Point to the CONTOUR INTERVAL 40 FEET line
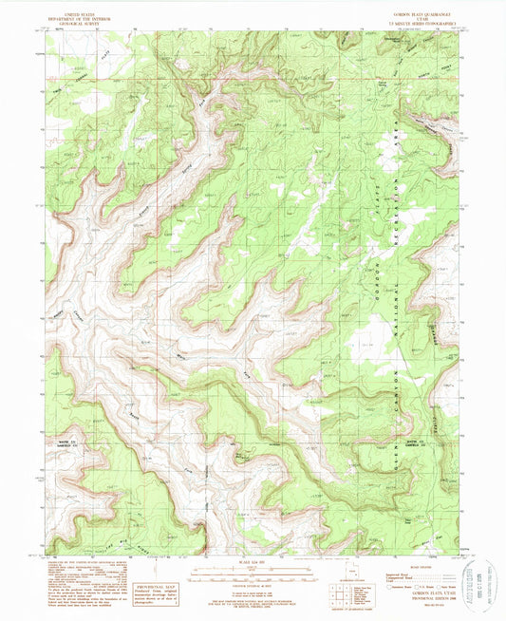coord(251,590)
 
